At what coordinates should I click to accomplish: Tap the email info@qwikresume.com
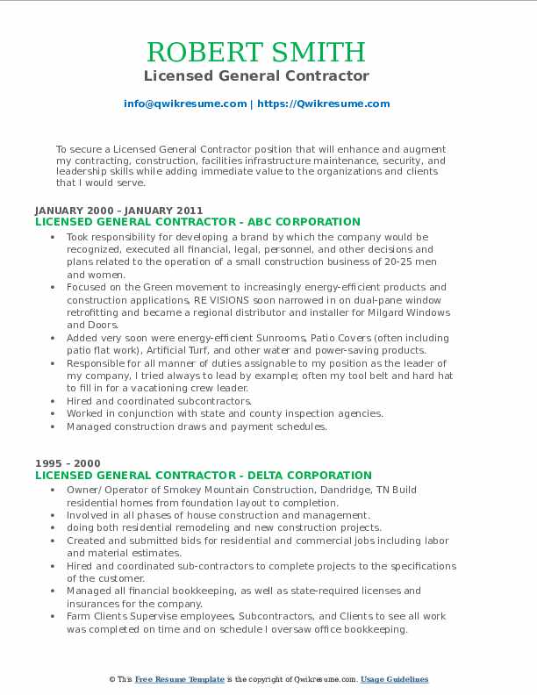pyautogui.click(x=185, y=104)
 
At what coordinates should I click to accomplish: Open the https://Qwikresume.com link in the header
pyautogui.click(x=323, y=104)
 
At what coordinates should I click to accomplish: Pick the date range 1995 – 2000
pyautogui.click(x=68, y=464)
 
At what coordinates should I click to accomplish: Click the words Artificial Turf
pyautogui.click(x=154, y=350)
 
